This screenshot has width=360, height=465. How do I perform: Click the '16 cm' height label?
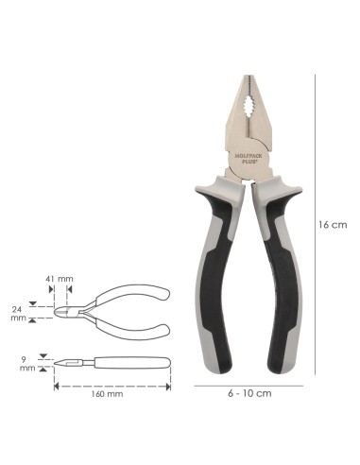(333, 225)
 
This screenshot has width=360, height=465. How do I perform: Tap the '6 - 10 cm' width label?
(249, 393)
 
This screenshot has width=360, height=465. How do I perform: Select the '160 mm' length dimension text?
(108, 394)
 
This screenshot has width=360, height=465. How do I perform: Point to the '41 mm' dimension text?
(60, 279)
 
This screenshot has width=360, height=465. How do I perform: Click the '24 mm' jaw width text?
(19, 313)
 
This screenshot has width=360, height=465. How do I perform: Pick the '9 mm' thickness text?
(27, 364)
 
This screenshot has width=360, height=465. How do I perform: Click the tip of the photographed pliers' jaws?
(249, 76)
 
